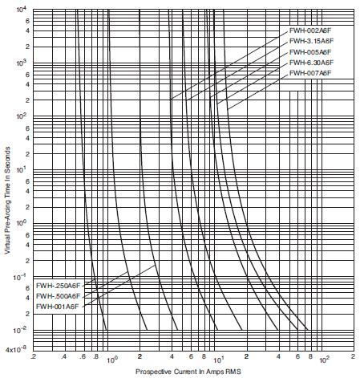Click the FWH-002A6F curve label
310,30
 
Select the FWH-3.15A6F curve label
312,41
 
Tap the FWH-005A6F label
310,52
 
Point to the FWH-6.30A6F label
312,63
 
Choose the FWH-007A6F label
310,73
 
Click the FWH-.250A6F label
58,286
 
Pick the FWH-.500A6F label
58,296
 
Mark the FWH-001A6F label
57,307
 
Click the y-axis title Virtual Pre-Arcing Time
7,201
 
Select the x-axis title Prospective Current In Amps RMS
188,372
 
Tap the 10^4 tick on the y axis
21,10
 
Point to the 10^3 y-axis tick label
21,63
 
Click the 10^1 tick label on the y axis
21,169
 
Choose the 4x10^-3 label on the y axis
16,349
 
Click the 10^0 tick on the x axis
111,360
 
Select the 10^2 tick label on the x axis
324,360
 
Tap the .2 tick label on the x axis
34,356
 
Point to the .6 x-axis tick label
83,356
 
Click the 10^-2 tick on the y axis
20,331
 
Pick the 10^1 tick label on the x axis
218,360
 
